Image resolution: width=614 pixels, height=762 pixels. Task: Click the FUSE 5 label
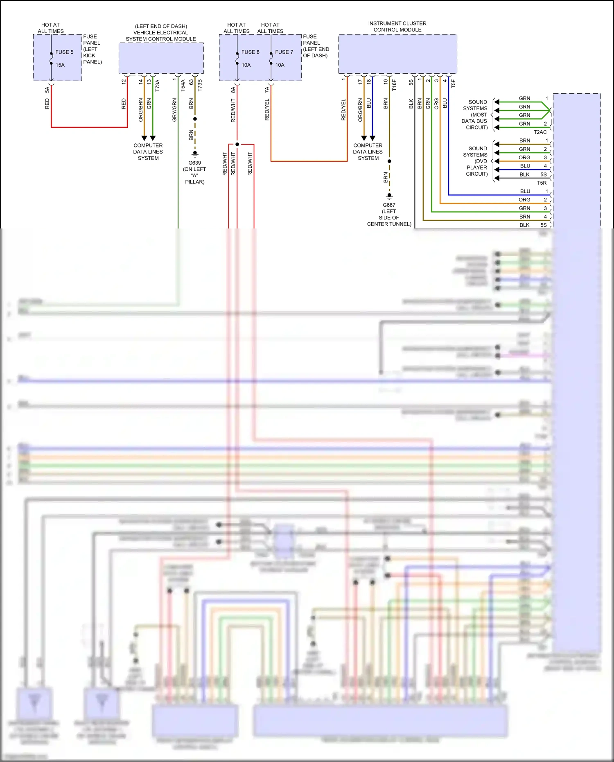pos(64,52)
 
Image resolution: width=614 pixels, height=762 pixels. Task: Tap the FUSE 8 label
pos(250,52)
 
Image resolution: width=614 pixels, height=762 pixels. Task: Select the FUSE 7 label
pos(284,52)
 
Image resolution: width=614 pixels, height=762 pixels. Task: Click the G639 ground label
pos(194,163)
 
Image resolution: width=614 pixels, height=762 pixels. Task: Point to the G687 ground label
pos(389,205)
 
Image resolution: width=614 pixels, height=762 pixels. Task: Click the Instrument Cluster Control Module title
pos(397,27)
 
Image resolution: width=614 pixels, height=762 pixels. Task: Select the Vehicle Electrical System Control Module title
pos(161,33)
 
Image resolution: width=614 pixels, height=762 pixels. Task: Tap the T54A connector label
pos(183,85)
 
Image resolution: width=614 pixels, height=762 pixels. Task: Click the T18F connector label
pos(394,85)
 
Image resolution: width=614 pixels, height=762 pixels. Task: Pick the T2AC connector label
pos(540,132)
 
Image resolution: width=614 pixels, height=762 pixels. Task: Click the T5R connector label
pos(542,183)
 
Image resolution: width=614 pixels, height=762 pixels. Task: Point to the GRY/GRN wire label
pos(174,110)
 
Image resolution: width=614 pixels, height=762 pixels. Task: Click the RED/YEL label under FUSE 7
pos(267,110)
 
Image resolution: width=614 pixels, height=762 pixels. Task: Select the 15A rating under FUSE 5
pos(60,65)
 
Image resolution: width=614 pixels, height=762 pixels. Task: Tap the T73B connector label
pos(200,85)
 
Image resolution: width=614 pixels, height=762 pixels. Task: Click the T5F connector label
pos(453,84)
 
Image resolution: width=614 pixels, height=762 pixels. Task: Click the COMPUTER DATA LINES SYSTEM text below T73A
pos(148,152)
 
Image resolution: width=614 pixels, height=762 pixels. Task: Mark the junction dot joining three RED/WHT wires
pos(237,144)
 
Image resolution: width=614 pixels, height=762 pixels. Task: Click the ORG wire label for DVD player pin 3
pos(524,158)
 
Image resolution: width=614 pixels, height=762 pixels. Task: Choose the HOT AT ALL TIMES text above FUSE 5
pos(51,28)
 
